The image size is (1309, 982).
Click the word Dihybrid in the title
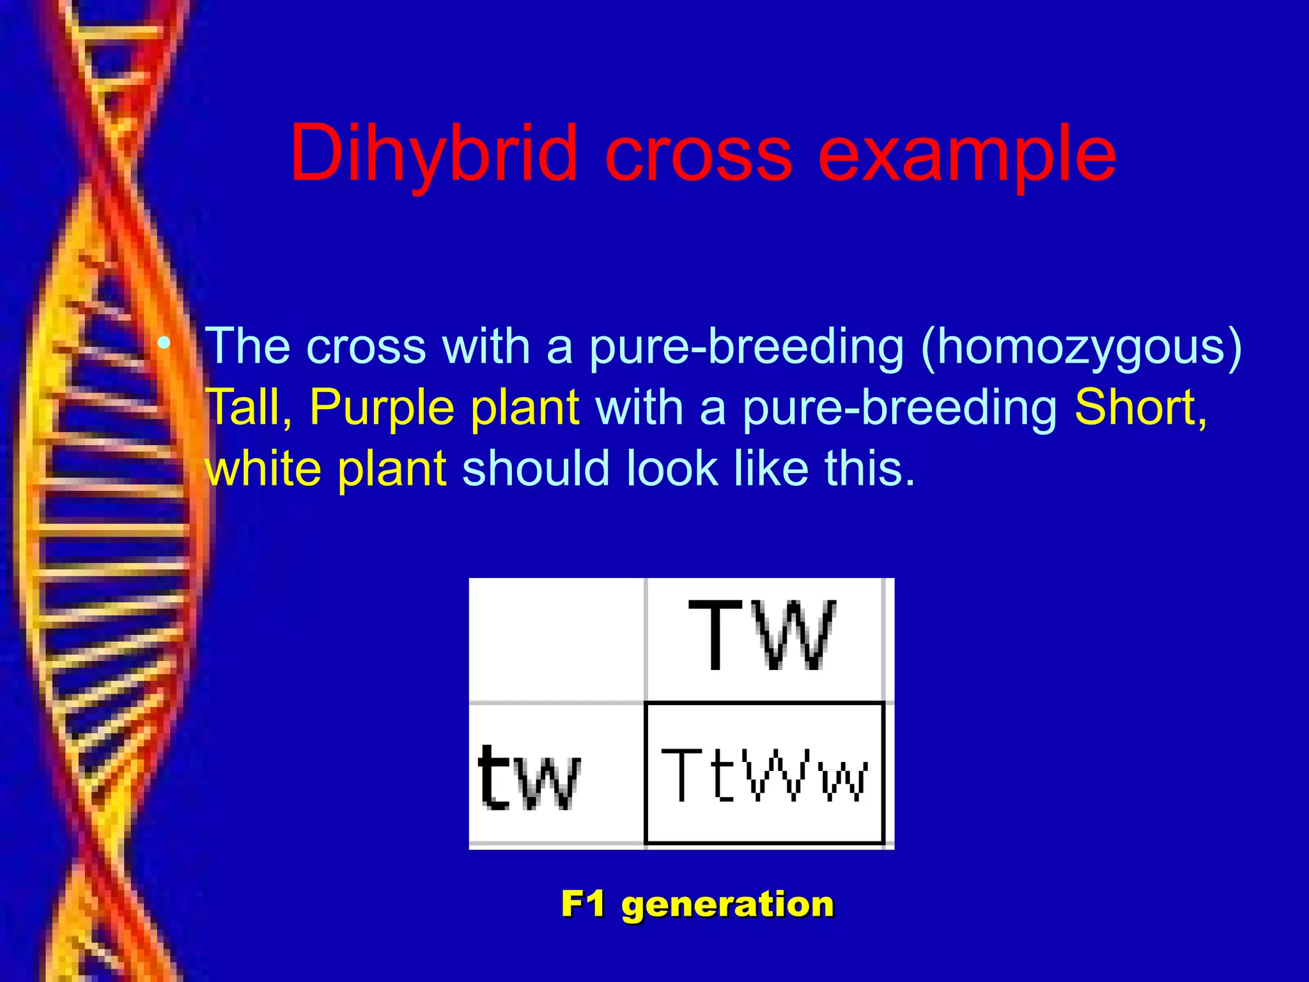(x=433, y=154)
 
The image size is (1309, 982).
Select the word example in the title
(x=966, y=154)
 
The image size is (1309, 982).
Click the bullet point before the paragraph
(x=165, y=344)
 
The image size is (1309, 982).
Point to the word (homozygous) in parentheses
(x=1081, y=347)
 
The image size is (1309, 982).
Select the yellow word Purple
(x=380, y=407)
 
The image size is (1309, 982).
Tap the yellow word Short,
(x=1140, y=407)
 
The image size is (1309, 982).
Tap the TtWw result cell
(x=764, y=774)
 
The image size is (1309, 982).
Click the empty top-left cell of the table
(x=557, y=639)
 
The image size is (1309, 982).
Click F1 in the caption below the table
(x=583, y=904)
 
